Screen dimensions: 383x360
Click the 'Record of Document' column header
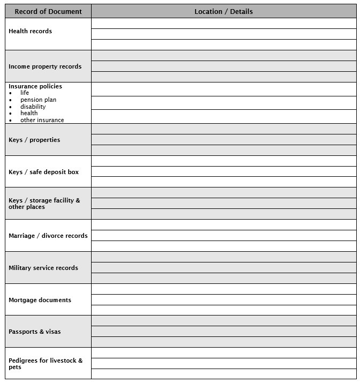(x=48, y=11)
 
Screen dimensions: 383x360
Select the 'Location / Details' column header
(x=223, y=11)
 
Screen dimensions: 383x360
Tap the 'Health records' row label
(x=30, y=31)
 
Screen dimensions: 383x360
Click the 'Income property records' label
(x=45, y=66)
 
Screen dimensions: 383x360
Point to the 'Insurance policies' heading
(x=35, y=86)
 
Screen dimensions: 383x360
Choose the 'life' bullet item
(x=25, y=93)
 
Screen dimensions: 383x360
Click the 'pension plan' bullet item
(x=38, y=100)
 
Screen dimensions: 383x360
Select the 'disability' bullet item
(x=33, y=107)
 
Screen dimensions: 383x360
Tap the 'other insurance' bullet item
(x=42, y=120)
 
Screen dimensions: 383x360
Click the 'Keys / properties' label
(x=34, y=140)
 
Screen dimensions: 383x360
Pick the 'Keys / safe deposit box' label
(x=43, y=172)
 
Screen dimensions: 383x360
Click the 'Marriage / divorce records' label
(x=48, y=236)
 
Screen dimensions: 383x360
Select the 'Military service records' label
(x=43, y=268)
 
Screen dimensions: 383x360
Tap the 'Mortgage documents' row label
(x=40, y=300)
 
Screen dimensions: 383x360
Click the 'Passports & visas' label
(x=34, y=332)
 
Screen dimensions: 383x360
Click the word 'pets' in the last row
(x=15, y=367)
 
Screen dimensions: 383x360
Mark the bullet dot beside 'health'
(x=11, y=114)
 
